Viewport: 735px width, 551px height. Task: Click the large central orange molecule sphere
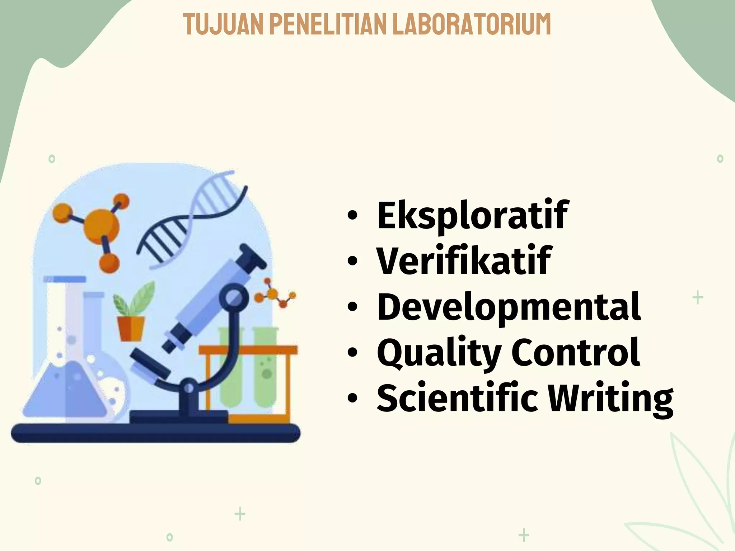102,224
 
